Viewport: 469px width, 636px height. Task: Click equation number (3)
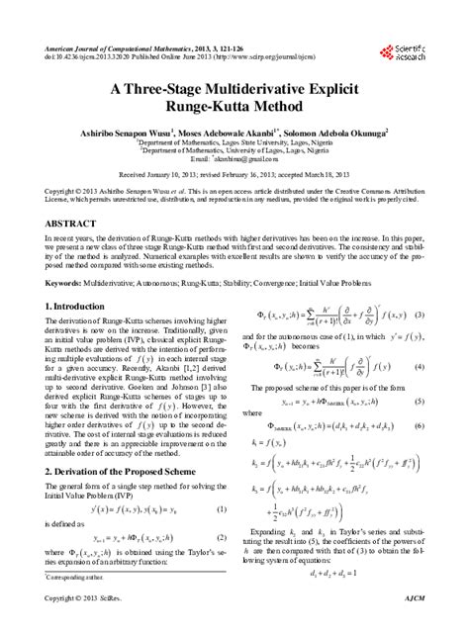[419, 314]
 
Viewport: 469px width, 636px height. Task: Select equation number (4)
[419, 366]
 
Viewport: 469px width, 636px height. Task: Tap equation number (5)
[419, 403]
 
